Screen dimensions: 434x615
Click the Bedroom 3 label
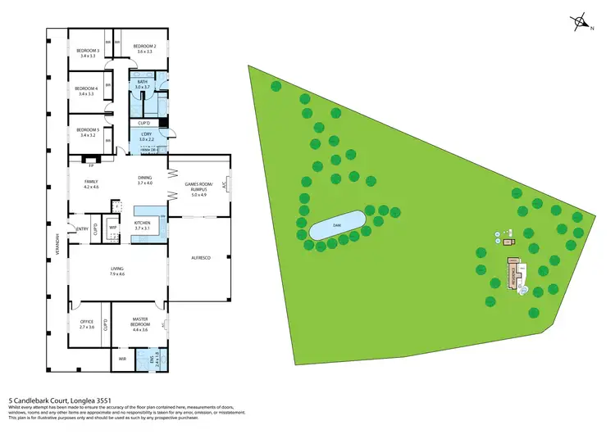(87, 53)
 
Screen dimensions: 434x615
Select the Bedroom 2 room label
(146, 49)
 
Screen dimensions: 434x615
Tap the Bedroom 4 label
(87, 91)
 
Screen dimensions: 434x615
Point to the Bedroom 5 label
(87, 132)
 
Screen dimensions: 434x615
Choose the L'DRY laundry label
(146, 136)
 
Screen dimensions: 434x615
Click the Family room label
(90, 183)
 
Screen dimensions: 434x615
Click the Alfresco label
(202, 259)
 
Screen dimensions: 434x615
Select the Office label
(87, 324)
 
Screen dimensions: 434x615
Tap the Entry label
(82, 228)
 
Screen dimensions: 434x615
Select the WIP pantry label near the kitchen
(113, 228)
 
